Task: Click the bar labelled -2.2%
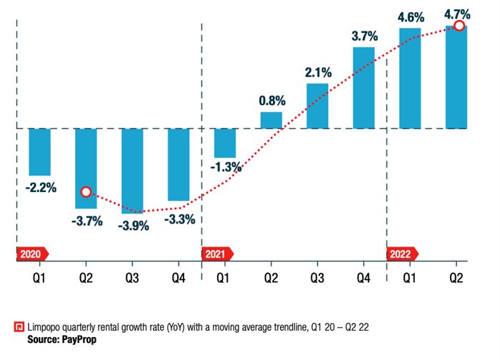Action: tap(39, 151)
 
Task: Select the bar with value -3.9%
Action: tap(132, 171)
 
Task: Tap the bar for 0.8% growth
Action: tap(271, 120)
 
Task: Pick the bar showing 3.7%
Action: tap(364, 88)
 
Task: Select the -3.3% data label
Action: tap(179, 219)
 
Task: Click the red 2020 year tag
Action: tap(31, 253)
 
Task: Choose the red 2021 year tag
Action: tap(218, 253)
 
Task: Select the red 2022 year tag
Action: tap(403, 253)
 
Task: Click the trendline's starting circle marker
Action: tap(86, 191)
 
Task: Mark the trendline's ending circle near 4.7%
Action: tap(459, 26)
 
